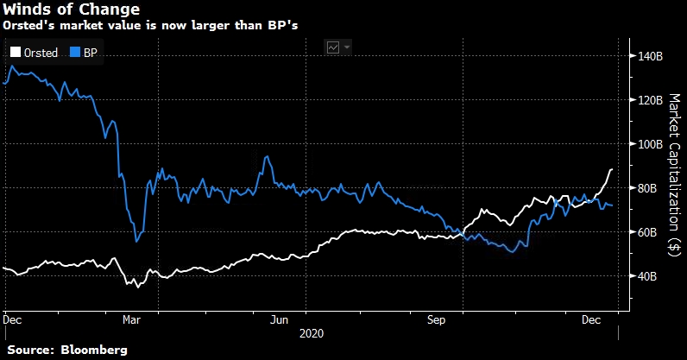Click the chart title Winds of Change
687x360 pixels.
(x=71, y=11)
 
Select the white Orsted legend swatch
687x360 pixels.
(x=16, y=53)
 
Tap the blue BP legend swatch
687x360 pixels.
(x=75, y=53)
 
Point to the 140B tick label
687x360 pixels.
(x=648, y=56)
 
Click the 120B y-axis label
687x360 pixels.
(x=648, y=100)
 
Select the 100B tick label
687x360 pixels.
(x=648, y=144)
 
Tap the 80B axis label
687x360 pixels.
(x=646, y=188)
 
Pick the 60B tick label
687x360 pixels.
(x=646, y=232)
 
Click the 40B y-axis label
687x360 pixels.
(x=646, y=276)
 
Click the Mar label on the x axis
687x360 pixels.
(x=132, y=319)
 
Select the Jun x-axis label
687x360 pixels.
(x=279, y=319)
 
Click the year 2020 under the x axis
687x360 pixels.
(x=312, y=332)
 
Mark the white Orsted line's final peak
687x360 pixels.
(x=611, y=170)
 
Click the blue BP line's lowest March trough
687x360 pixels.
(x=136, y=242)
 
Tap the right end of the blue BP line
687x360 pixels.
(x=613, y=205)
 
